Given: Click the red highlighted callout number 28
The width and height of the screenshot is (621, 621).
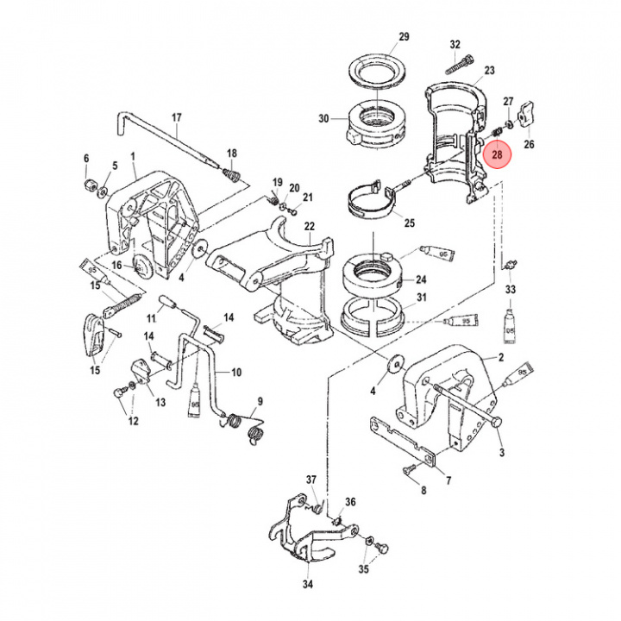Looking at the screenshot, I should coord(497,155).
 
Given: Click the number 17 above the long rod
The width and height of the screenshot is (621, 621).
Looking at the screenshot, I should coord(177,117).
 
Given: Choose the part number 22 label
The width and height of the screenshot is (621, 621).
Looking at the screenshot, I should coord(309,226).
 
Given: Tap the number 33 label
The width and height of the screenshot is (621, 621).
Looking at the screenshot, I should coord(511,290).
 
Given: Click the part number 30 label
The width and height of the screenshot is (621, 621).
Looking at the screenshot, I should coord(324,119).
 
